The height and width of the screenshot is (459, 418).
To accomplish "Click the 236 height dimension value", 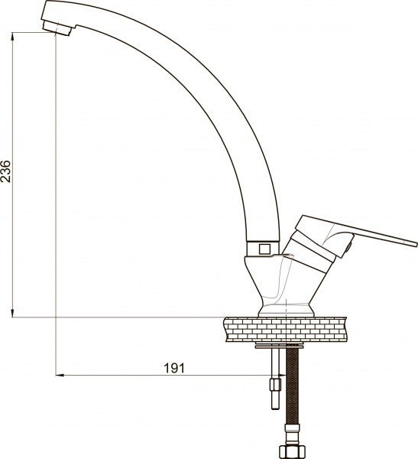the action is [x=6, y=171].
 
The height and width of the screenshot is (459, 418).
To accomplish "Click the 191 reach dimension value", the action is [x=174, y=368].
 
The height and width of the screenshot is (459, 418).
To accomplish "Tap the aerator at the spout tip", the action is [x=57, y=28].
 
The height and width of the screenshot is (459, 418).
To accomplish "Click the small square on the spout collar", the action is [x=264, y=249].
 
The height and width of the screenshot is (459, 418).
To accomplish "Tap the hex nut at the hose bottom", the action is [x=292, y=451].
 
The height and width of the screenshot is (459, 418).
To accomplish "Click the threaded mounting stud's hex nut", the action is [x=276, y=384].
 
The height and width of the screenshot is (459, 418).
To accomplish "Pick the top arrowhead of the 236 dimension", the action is [x=12, y=36].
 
